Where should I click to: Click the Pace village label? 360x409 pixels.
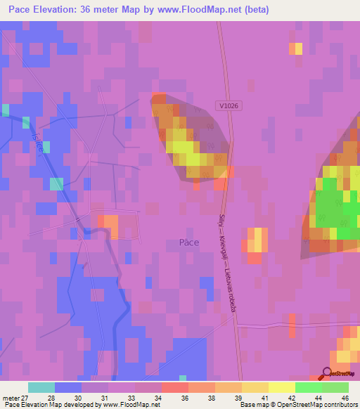(x=188, y=242)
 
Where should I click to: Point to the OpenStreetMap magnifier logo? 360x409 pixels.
(x=327, y=375)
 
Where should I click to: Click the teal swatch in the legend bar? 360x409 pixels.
(x=41, y=387)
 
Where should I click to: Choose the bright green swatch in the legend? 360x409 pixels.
(x=309, y=387)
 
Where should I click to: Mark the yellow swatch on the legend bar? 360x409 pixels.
(x=281, y=387)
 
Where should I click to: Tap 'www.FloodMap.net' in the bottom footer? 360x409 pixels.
(x=131, y=405)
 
